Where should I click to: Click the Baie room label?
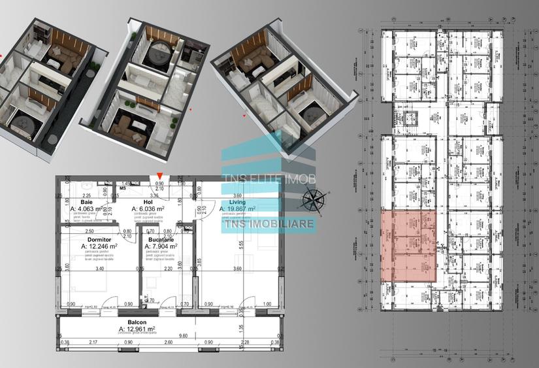tap(85, 203)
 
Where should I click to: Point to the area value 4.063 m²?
tap(91, 210)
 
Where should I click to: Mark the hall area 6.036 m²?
tap(154, 210)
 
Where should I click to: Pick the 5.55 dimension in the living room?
tap(242, 243)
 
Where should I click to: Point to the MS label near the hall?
tap(122, 190)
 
